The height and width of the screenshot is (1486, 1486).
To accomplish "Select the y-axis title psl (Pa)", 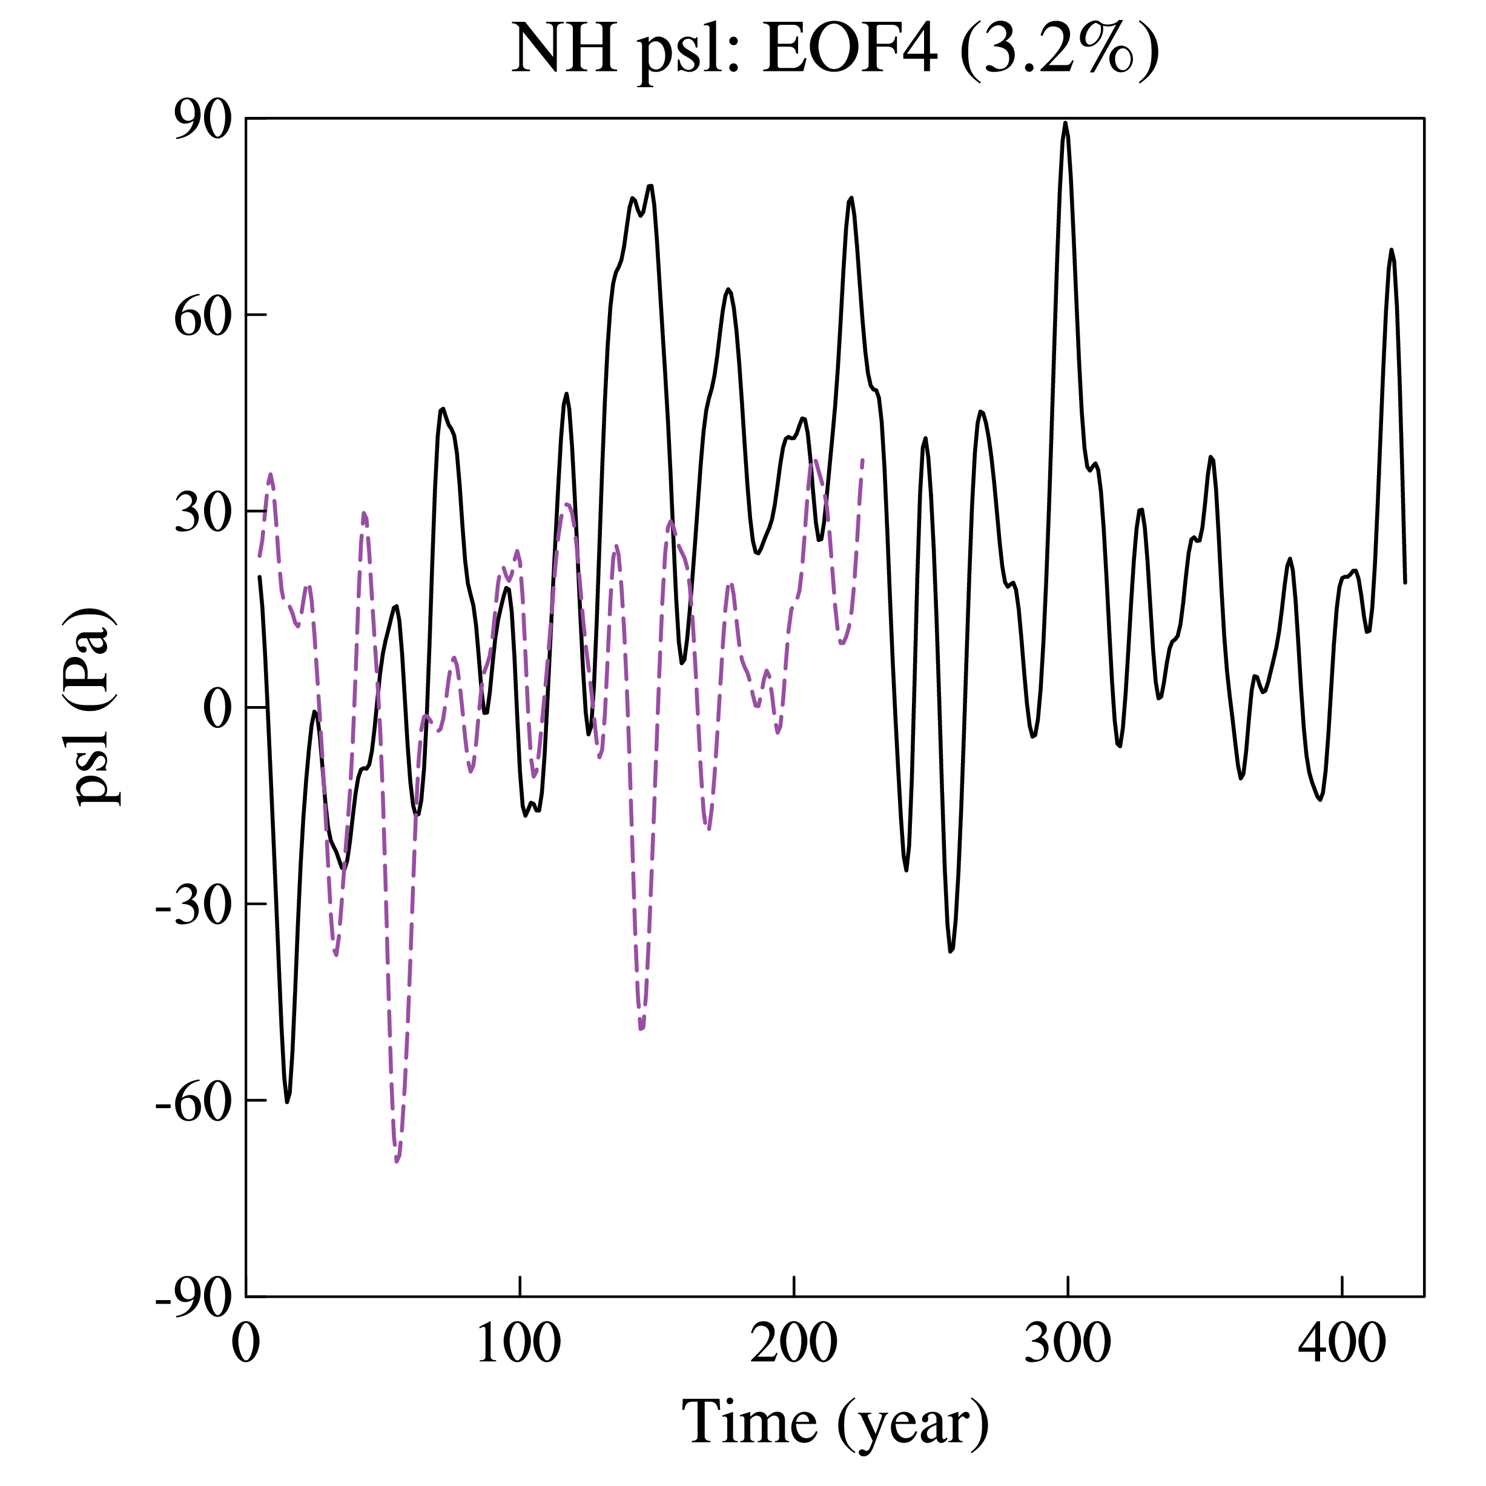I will [x=96, y=705].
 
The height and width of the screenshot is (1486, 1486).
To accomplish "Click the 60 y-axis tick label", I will [x=203, y=316].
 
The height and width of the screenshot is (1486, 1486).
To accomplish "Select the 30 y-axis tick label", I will [x=203, y=512].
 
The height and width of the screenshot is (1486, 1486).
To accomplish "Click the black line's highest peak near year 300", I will [x=1065, y=123].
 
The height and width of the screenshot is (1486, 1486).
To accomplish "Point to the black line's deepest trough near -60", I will [x=288, y=1101].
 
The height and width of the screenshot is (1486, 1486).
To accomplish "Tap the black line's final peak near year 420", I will [x=1390, y=250].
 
